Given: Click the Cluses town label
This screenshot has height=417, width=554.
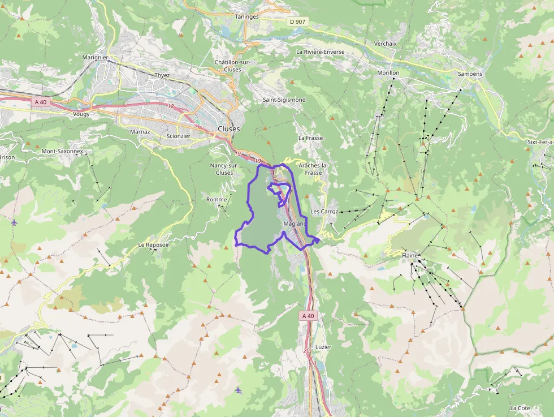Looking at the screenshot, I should [x=228, y=129].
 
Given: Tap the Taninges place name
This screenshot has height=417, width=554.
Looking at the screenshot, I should [x=246, y=17].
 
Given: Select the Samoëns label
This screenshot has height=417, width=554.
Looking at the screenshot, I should [x=470, y=74].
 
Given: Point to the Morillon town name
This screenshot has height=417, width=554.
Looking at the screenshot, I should [x=388, y=73].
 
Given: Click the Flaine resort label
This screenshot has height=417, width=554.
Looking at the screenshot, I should [x=410, y=256].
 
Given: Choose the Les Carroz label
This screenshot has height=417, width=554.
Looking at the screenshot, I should [x=324, y=212].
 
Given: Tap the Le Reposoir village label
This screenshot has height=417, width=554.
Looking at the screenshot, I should [x=153, y=245].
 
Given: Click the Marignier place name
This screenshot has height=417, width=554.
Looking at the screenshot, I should [x=95, y=58].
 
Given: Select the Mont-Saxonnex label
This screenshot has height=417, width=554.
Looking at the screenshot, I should [x=62, y=152].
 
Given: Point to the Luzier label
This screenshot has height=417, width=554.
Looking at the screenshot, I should [x=323, y=347].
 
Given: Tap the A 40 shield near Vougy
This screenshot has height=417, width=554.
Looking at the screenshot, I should [x=41, y=102].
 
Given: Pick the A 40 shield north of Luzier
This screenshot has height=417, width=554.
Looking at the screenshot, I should [x=308, y=316].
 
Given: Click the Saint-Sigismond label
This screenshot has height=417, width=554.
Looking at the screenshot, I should [x=284, y=100].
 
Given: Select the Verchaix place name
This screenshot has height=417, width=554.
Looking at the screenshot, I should [x=386, y=44].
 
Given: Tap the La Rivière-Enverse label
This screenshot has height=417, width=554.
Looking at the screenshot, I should [x=320, y=51].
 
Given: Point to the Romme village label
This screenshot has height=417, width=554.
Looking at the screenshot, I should [x=217, y=200].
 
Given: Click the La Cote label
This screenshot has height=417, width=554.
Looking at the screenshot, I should [x=520, y=408].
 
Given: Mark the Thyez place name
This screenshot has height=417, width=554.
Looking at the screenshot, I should [x=162, y=75].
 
